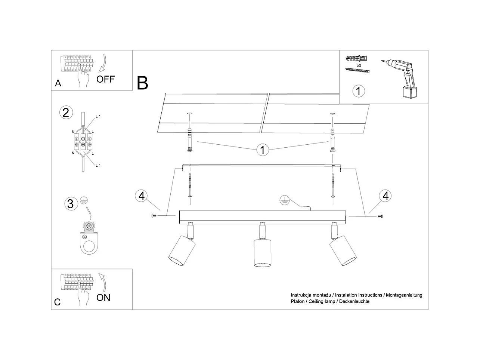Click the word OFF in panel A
coord(106,79)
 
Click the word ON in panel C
coord(103,298)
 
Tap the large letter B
coord(143,83)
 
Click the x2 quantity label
coord(359,65)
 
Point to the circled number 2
coord(66,113)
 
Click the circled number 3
coord(70,204)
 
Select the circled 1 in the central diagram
coord(263,150)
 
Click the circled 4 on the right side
coord(385,196)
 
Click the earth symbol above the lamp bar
coord(285,201)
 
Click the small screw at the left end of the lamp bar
coord(154,216)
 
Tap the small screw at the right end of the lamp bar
coord(381,216)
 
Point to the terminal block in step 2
coord(83,141)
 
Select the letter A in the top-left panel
coord(58,83)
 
